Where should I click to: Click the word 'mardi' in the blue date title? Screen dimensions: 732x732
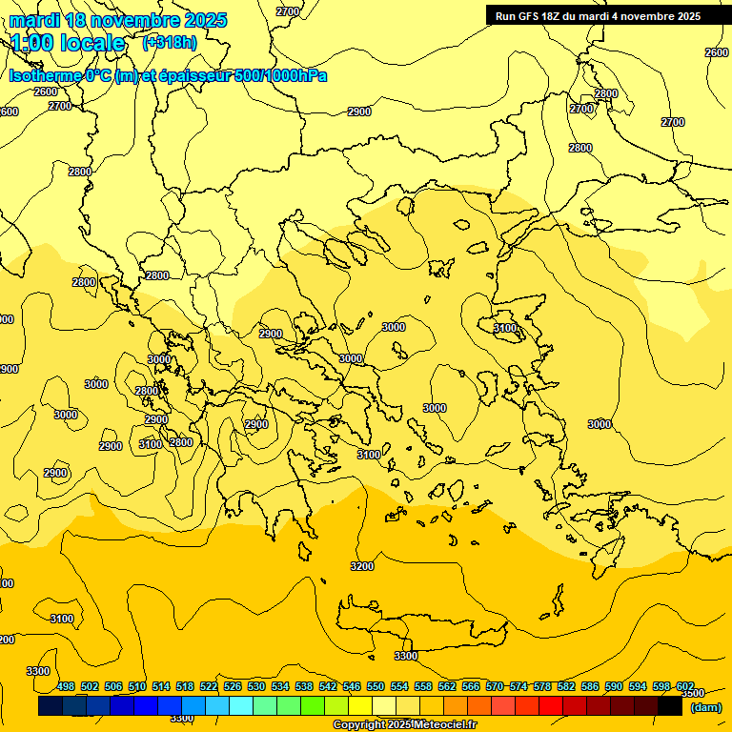coord(34,20)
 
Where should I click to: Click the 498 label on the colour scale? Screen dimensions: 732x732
coord(66,686)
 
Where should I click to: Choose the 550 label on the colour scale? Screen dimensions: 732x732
coord(376,686)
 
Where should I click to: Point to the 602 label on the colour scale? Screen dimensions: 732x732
coord(684,686)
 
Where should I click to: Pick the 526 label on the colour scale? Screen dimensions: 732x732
coord(233,686)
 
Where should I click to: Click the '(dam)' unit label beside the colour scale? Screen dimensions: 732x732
coord(705,706)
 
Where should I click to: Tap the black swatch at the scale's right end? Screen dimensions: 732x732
coord(670,705)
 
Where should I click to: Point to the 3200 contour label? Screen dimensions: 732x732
coord(362,566)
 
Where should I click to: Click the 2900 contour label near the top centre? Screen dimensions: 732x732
coord(359,112)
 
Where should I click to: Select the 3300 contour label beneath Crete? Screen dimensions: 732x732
coord(406,656)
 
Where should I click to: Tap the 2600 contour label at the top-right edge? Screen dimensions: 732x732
coord(717,52)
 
